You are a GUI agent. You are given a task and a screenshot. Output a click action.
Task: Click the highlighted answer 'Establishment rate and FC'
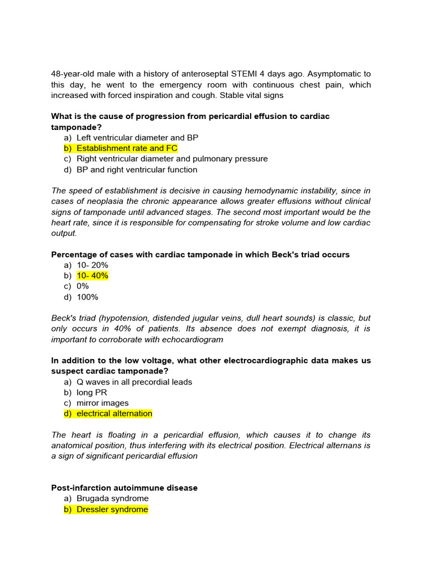pyautogui.click(x=127, y=148)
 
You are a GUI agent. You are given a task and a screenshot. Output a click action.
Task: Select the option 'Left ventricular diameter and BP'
pyautogui.click(x=137, y=137)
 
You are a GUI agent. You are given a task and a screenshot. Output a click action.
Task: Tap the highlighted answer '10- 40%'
pyautogui.click(x=93, y=275)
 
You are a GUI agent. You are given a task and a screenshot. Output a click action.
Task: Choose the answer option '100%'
pyautogui.click(x=88, y=297)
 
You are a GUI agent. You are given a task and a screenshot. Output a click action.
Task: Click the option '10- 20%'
pyautogui.click(x=93, y=265)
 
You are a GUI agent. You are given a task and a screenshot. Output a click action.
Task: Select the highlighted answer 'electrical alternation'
pyautogui.click(x=114, y=414)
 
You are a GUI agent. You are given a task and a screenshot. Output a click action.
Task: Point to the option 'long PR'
pyautogui.click(x=92, y=392)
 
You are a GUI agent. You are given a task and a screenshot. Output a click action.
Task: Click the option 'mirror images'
pyautogui.click(x=102, y=403)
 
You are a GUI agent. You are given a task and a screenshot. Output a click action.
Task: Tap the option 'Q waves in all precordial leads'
pyautogui.click(x=134, y=382)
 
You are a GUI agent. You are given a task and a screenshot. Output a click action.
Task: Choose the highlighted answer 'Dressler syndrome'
pyautogui.click(x=112, y=509)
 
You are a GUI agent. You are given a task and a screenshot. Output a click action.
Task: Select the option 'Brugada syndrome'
pyautogui.click(x=112, y=498)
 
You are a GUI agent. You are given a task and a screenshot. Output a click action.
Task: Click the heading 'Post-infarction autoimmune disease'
pyautogui.click(x=124, y=488)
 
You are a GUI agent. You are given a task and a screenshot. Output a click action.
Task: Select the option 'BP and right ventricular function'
pyautogui.click(x=137, y=170)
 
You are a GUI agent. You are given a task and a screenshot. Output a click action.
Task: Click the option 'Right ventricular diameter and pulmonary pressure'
pyautogui.click(x=172, y=159)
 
